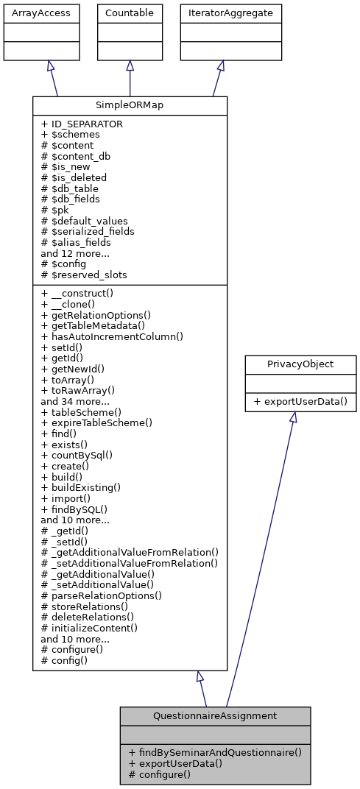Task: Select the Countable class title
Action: tap(130, 13)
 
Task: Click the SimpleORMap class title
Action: tap(130, 105)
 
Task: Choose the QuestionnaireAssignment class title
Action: tap(215, 715)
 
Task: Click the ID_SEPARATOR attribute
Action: tap(82, 124)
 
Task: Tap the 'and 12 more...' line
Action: tap(75, 253)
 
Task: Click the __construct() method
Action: tap(80, 293)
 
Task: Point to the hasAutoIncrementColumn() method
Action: tap(111, 336)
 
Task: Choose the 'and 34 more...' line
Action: tap(75, 402)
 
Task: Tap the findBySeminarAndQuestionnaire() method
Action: tap(215, 752)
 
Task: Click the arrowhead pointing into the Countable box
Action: tap(130, 66)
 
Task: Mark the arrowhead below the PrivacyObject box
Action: tap(292, 417)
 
